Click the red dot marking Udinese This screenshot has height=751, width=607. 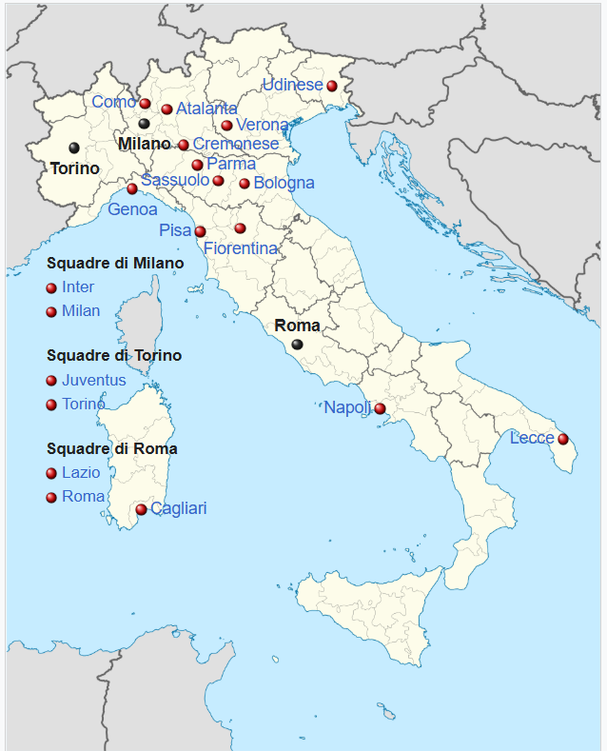point(331,86)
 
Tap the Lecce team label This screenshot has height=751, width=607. point(532,438)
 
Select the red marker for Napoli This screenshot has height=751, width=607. point(380,408)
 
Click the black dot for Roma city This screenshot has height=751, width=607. point(298,345)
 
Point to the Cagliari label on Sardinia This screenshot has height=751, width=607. point(178,508)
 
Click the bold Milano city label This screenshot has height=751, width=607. point(144,144)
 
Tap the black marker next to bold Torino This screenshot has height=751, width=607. point(74,148)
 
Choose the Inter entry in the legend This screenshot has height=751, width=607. point(78,287)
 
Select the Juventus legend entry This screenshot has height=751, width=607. point(93,380)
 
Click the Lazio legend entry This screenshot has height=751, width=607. point(81,472)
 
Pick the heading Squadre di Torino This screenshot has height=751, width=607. point(114,355)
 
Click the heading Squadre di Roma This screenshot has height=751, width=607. point(111,448)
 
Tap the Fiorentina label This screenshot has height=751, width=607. point(241,248)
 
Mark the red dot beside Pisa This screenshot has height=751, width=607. point(200,231)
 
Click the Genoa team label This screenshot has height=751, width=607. point(132,208)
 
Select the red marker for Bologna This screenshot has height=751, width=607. point(245,184)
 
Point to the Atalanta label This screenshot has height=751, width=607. point(206,109)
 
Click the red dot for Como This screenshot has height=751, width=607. point(145,104)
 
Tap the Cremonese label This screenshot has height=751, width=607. point(236,144)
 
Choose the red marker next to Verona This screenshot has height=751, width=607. point(226,126)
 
